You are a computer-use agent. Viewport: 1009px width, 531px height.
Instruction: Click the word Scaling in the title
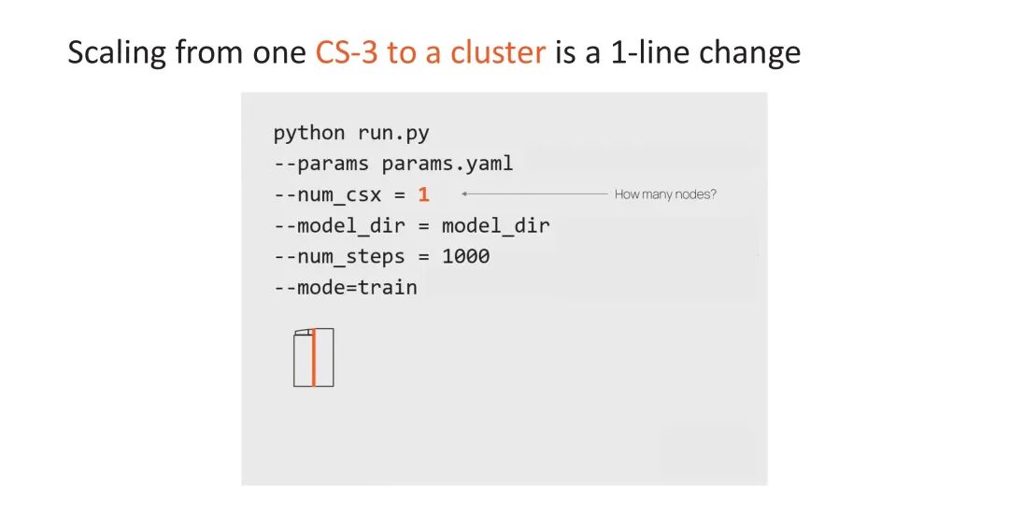(x=117, y=52)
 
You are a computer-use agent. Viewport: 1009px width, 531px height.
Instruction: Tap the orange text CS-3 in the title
(x=347, y=52)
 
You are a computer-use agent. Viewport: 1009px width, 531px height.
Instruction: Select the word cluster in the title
(x=498, y=52)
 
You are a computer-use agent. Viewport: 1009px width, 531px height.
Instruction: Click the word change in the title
(x=753, y=52)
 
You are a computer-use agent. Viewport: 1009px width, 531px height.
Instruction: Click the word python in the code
(x=309, y=133)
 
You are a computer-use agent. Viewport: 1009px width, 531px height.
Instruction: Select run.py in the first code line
(x=393, y=133)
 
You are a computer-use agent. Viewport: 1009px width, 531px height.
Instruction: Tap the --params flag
(x=321, y=164)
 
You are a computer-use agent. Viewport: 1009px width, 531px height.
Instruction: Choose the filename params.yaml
(x=448, y=164)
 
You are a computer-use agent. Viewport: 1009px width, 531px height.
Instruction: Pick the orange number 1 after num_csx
(x=424, y=194)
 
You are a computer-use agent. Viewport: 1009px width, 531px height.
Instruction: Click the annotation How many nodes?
(x=665, y=194)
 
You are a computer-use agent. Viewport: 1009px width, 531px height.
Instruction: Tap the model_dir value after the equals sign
(x=496, y=225)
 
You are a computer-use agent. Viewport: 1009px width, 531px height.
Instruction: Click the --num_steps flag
(x=339, y=256)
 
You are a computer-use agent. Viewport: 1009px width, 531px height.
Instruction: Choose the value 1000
(x=465, y=256)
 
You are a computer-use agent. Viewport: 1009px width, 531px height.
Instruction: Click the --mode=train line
(x=345, y=287)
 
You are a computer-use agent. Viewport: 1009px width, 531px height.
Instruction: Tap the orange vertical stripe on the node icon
(x=314, y=357)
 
